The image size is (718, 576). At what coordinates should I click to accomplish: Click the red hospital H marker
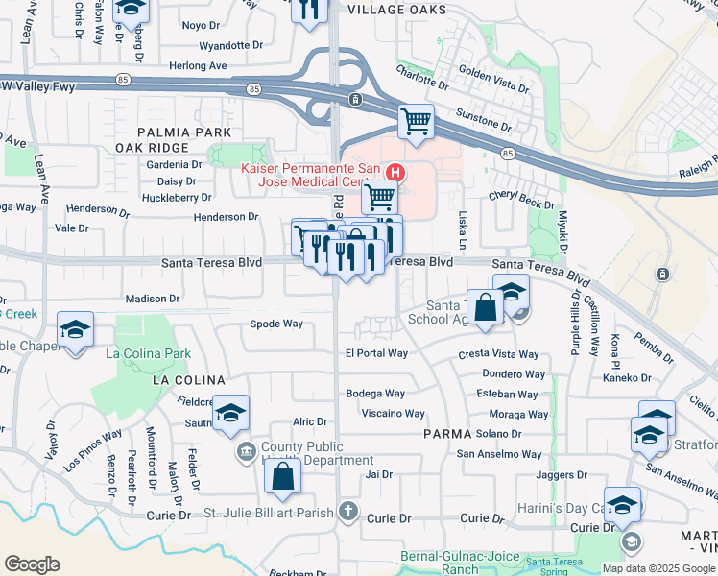[x=395, y=172]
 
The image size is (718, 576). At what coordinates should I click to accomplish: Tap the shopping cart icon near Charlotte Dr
[x=416, y=122]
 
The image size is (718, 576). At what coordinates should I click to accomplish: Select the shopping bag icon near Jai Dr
[x=283, y=477]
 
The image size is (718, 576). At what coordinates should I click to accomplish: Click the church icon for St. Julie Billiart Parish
[x=348, y=513]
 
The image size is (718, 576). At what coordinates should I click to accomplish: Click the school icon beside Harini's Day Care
[x=623, y=506]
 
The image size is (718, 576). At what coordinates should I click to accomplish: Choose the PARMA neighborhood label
[x=448, y=434]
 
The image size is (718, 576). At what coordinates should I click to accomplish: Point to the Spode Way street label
[x=276, y=324]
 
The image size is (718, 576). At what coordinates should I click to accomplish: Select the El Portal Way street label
[x=376, y=353]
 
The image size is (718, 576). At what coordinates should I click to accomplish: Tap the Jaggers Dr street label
[x=562, y=474]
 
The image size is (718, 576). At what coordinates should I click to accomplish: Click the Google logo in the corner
[x=32, y=564]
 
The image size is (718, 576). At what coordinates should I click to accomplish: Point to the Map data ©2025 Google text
[x=658, y=568]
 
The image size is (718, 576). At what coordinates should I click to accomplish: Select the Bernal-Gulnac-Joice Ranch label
[x=459, y=563]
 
